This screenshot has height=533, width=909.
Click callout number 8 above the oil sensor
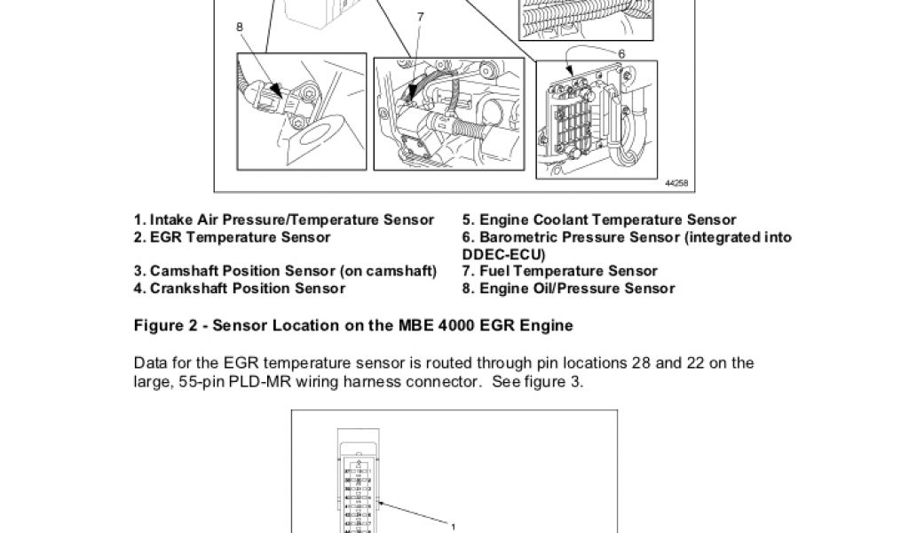(240, 27)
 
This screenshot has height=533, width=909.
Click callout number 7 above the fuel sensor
(420, 17)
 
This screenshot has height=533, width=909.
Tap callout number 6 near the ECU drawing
(621, 53)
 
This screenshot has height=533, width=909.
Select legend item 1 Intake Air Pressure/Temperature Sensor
(284, 219)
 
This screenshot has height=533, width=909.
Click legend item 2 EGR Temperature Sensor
(232, 237)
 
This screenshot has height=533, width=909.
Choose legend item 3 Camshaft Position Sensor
(285, 271)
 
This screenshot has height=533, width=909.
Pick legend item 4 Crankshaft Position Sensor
(240, 289)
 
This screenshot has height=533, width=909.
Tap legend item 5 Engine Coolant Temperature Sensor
(599, 219)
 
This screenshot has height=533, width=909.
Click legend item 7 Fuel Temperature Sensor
(559, 271)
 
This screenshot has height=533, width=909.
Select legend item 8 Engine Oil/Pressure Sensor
(568, 289)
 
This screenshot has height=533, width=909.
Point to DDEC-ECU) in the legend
(503, 254)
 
